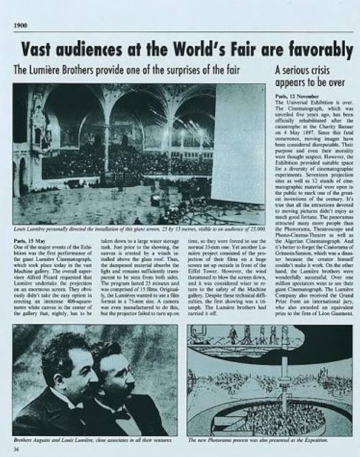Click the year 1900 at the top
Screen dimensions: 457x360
20,25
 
